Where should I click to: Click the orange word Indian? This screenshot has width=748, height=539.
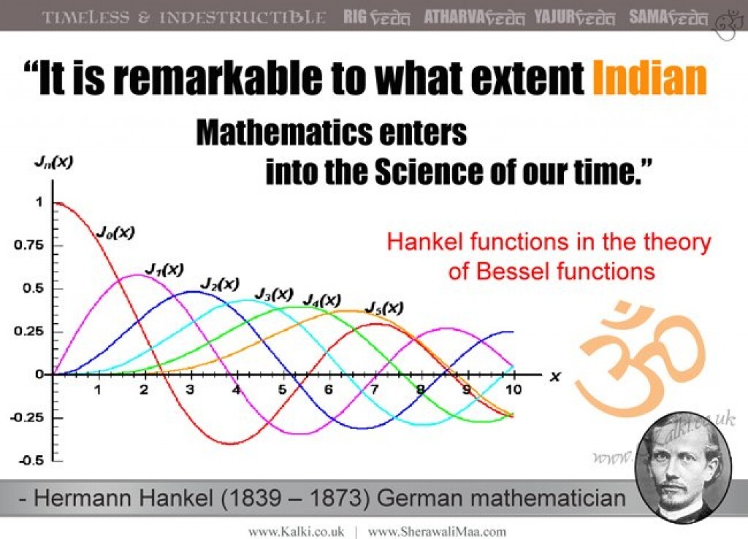(649, 77)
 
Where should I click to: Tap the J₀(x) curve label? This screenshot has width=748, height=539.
(115, 232)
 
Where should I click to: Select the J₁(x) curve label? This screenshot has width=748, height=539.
(164, 269)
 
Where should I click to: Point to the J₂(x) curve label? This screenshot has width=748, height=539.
(219, 284)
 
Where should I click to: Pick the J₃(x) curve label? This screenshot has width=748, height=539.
(274, 294)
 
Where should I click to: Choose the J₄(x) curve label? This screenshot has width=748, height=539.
(322, 300)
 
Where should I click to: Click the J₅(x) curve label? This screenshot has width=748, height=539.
(384, 308)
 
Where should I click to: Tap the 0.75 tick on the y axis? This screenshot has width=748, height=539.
(28, 245)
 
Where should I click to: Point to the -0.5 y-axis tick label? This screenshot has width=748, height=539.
(31, 461)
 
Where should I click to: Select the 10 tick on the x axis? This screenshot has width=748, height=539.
(514, 390)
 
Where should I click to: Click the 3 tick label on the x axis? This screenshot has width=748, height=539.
(190, 390)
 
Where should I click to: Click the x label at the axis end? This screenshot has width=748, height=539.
(555, 377)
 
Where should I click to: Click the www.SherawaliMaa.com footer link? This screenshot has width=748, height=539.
(437, 531)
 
